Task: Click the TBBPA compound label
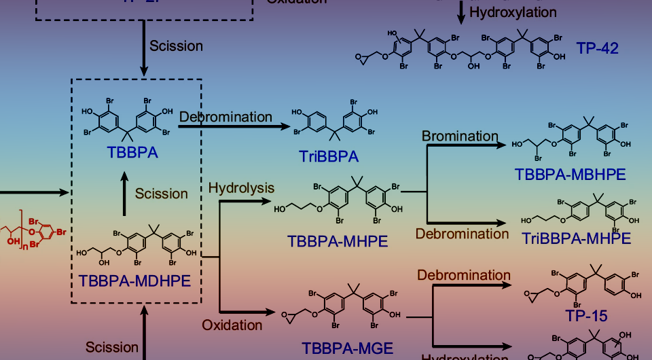point(132,152)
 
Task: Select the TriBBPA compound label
point(328,158)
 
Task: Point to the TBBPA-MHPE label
point(338,240)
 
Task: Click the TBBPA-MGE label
point(348,348)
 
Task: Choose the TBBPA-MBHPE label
point(570,173)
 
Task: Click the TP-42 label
point(598,48)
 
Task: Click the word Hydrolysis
point(241,187)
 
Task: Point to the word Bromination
point(460,135)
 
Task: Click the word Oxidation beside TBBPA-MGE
point(232,325)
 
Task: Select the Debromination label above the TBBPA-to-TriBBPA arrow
point(225,116)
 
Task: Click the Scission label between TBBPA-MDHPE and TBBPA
point(161,194)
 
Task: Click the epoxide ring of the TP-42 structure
point(360,58)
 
